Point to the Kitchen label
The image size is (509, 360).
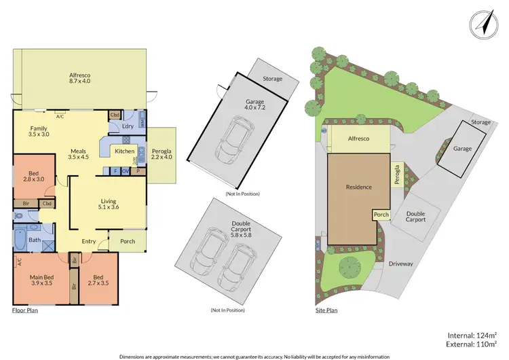pyautogui.click(x=124, y=151)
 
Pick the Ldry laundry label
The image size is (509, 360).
pyautogui.click(x=126, y=126)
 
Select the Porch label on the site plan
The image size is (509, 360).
pyautogui.click(x=381, y=215)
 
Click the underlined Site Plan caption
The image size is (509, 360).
pyautogui.click(x=326, y=310)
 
